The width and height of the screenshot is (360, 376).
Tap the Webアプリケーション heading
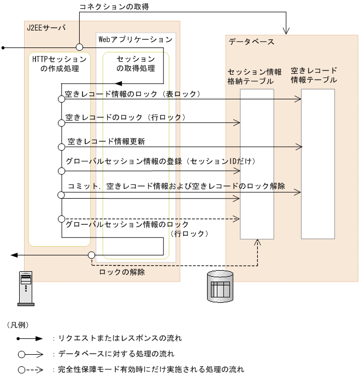point(134,39)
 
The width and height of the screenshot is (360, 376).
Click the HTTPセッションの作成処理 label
point(60,63)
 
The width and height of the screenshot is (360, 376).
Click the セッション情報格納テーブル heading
point(255,76)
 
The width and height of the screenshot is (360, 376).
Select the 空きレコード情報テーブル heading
point(314,75)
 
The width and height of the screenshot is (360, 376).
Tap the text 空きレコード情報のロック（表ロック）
point(133,94)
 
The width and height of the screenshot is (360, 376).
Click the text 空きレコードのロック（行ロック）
point(126,117)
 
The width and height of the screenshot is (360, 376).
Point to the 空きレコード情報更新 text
point(106,141)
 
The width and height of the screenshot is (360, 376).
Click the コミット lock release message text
point(176,186)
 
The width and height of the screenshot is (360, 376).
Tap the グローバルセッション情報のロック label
point(127,224)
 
